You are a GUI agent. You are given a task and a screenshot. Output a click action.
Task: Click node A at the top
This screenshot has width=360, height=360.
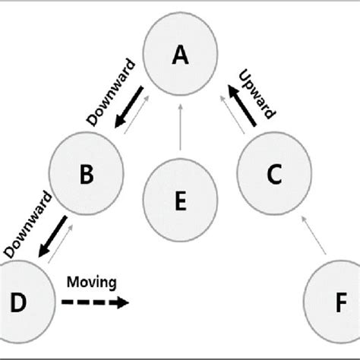pos(180,55)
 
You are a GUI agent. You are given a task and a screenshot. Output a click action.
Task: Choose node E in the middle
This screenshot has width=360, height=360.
pos(180,201)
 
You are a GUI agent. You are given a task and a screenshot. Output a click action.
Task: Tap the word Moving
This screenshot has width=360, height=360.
pos(92,283)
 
